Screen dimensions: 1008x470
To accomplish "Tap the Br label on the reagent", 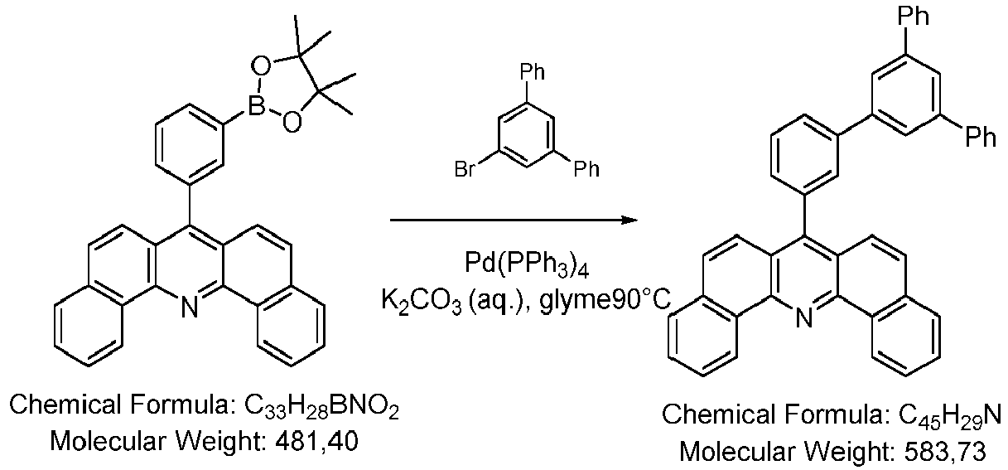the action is [x=465, y=169].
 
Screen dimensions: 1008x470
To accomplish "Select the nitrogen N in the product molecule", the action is [x=803, y=317].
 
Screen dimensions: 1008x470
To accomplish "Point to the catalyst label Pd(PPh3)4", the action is [x=527, y=263].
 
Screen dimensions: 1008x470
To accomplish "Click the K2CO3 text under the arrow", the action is [x=422, y=300].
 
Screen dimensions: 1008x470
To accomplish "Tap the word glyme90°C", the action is [x=605, y=299].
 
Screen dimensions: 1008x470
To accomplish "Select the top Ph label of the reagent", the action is [x=532, y=71].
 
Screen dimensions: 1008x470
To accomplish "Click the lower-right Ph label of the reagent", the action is [x=586, y=169].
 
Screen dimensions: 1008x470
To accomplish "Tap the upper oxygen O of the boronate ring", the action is [x=261, y=65].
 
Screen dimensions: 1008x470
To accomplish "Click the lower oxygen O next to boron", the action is [x=292, y=121].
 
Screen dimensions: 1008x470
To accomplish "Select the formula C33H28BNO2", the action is [x=321, y=406].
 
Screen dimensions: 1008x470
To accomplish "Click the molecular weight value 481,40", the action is [x=316, y=441].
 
